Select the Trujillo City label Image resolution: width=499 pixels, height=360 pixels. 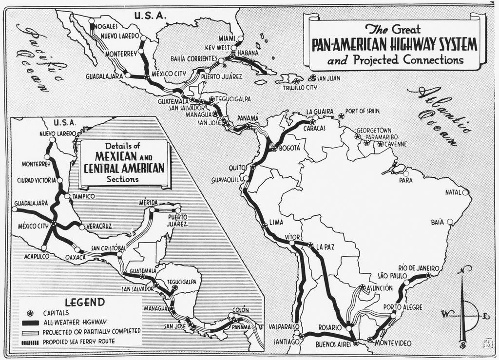(300, 88)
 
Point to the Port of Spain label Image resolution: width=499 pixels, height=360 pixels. (362, 111)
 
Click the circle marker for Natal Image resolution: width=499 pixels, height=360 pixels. (465, 192)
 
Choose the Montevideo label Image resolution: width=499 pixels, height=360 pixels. (394, 343)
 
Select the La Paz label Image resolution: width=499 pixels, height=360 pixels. (325, 246)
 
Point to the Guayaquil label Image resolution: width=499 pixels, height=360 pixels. (226, 180)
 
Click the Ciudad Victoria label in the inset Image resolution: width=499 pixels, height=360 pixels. (37, 180)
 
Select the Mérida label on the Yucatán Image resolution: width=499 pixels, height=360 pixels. (149, 202)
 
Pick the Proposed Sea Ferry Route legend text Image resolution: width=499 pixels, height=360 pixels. (79, 341)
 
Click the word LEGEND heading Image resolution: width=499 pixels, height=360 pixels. (85, 302)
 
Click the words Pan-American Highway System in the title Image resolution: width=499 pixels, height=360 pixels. (394, 45)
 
